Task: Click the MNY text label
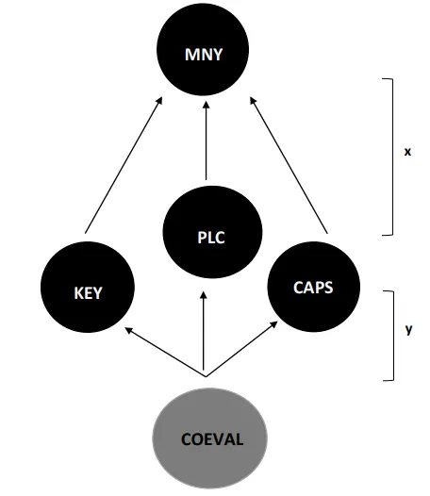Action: (204, 55)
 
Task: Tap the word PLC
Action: (211, 238)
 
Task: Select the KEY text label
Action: (88, 293)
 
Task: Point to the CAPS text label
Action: (313, 288)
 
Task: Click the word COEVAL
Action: (212, 439)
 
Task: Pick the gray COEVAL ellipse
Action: (209, 438)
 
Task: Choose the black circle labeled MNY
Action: (203, 49)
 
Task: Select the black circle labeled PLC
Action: (212, 233)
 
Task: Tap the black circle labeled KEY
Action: (88, 287)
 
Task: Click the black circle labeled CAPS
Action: (314, 287)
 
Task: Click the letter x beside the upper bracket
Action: (407, 152)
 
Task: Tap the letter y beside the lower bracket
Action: (408, 330)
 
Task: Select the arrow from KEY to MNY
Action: (124, 165)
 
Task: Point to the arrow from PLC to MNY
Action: (206, 141)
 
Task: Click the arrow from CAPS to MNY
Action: (289, 165)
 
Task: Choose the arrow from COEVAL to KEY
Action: (165, 352)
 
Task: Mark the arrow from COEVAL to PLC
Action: (204, 331)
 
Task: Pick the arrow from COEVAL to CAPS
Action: (242, 349)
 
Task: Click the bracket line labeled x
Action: (393, 157)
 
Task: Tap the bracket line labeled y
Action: (393, 336)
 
